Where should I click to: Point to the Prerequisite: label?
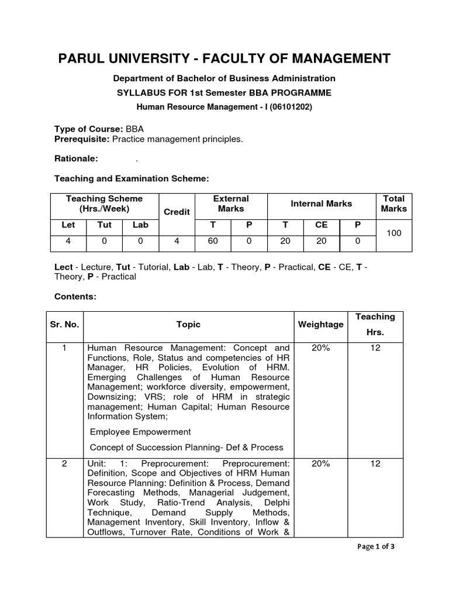point(82,139)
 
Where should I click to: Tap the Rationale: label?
point(76,159)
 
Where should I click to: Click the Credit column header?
point(176,212)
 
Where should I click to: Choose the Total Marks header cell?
point(393,204)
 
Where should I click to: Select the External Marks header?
point(231,204)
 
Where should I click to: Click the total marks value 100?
point(393,233)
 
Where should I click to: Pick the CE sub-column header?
point(322,225)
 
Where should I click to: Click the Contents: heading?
point(75,297)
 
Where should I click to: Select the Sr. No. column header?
point(65,324)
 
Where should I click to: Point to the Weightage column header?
point(320,324)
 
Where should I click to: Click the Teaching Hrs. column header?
point(375,324)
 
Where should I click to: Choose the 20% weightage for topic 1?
point(320,348)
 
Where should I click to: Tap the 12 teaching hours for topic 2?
point(375,464)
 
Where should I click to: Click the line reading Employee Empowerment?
point(140,432)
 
